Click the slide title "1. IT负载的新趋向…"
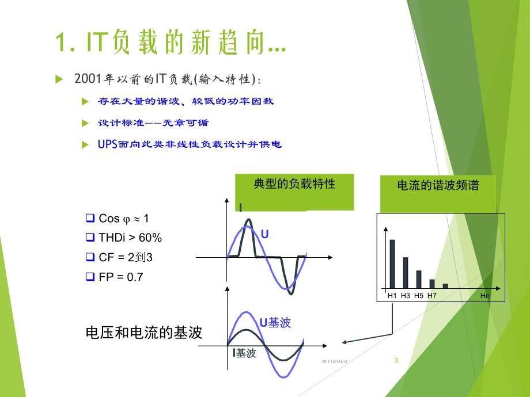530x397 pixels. (x=171, y=43)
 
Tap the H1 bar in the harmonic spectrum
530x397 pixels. (x=392, y=264)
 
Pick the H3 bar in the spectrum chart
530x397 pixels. (x=406, y=273)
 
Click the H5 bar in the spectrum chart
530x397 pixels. (x=419, y=279)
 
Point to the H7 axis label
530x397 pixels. (x=432, y=296)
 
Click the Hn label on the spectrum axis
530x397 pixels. (x=485, y=296)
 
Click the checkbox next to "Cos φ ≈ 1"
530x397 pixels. (x=89, y=218)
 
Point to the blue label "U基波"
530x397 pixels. (x=275, y=323)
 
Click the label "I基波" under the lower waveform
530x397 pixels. (x=244, y=353)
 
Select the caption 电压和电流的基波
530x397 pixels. (x=143, y=333)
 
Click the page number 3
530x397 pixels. (x=396, y=361)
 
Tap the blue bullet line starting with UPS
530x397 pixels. (x=189, y=144)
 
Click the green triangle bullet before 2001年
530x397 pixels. (x=58, y=79)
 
